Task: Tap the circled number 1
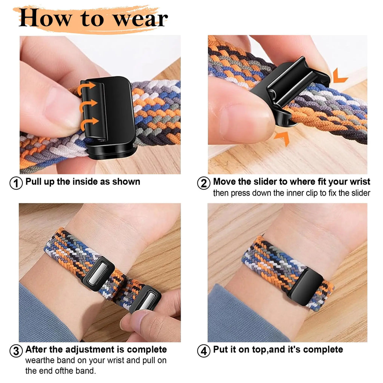(16, 183)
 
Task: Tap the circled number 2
(203, 183)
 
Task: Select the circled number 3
(16, 351)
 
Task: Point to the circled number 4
(203, 351)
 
